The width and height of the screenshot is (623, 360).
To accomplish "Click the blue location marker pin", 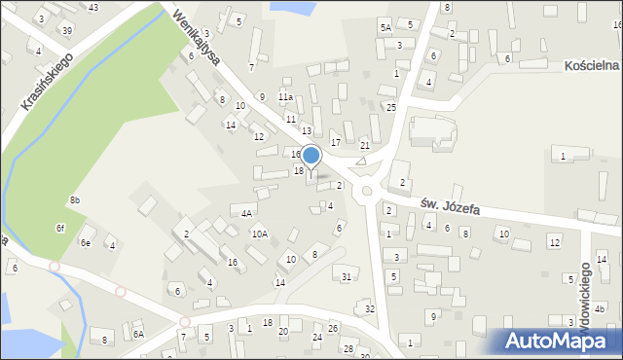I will click(311, 156).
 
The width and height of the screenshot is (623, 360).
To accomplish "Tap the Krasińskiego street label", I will click(48, 80).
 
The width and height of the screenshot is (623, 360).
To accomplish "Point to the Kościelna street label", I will click(591, 64).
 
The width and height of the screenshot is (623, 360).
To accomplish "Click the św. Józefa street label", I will click(451, 205).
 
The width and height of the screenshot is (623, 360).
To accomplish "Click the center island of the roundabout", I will click(367, 192).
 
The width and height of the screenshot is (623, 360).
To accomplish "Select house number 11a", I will click(285, 97).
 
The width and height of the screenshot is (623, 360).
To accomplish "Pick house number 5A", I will click(385, 27).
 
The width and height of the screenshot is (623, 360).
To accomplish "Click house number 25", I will click(390, 107).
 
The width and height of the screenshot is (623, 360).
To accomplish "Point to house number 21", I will click(365, 145).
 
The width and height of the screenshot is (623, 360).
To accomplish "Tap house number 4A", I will click(247, 212).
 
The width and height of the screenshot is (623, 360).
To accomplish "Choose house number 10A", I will click(259, 234).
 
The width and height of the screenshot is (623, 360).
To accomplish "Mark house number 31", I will click(347, 277).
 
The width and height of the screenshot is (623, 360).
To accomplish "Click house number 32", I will click(369, 308).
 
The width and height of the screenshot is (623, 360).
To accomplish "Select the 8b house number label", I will click(75, 200).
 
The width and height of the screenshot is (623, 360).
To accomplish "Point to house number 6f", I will click(59, 228).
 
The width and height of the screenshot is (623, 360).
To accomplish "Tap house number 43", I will click(92, 8).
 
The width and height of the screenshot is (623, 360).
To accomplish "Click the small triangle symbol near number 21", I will click(361, 161).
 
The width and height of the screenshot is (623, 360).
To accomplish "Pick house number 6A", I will click(138, 334).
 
